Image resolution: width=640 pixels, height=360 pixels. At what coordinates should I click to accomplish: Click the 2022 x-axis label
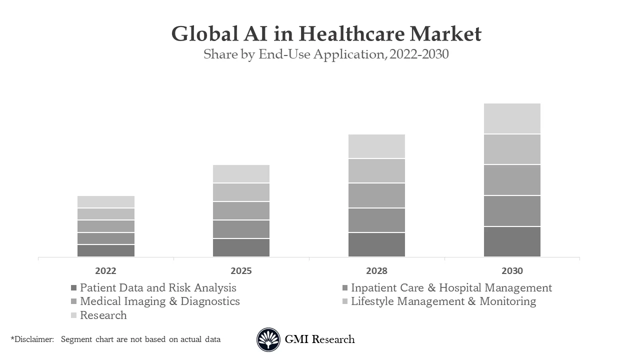105,271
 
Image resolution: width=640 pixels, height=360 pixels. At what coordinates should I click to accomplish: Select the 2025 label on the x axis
241,271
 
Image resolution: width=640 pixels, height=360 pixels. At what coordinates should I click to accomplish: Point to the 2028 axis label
376,271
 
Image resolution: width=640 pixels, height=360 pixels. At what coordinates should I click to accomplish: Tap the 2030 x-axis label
512,271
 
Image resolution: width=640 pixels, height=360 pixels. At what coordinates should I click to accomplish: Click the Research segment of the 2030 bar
512,118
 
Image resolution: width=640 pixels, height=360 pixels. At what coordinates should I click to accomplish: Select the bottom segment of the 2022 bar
105,250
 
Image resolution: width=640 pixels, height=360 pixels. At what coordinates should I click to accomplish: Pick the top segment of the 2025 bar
241,173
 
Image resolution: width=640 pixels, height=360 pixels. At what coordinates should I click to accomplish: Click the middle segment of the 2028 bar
376,195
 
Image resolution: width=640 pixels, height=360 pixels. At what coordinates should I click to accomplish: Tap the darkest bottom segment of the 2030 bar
512,242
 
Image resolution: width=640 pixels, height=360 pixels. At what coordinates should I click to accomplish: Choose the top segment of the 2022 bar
105,201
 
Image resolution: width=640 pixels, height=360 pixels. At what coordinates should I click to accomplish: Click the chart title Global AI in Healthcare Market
326,34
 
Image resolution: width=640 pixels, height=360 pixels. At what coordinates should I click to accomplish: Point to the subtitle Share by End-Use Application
326,54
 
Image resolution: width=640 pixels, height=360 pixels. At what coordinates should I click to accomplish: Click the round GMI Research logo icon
268,340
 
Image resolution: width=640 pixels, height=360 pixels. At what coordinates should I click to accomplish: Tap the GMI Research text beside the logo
319,339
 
